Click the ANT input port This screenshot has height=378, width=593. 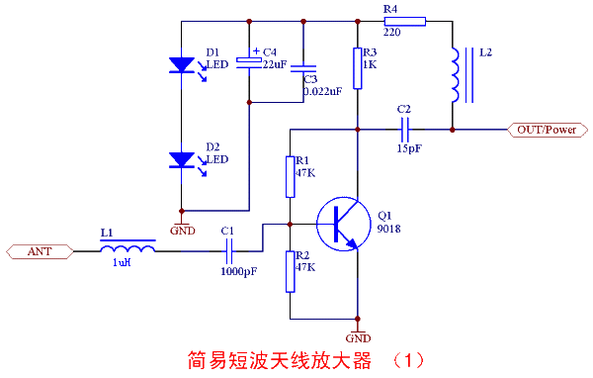[x=40, y=251]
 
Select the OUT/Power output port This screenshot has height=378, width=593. [x=548, y=129]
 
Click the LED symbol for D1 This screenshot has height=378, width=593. [x=182, y=65]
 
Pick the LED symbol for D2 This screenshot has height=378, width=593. [x=182, y=158]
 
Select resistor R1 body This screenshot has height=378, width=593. [x=291, y=176]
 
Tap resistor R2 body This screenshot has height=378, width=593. [x=291, y=270]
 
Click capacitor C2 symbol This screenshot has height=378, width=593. [x=404, y=128]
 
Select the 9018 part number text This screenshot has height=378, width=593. [x=388, y=229]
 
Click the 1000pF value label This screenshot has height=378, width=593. [x=238, y=270]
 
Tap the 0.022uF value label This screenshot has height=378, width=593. [x=322, y=91]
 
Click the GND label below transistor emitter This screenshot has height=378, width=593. [x=360, y=336]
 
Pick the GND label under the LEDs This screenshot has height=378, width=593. [x=183, y=230]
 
